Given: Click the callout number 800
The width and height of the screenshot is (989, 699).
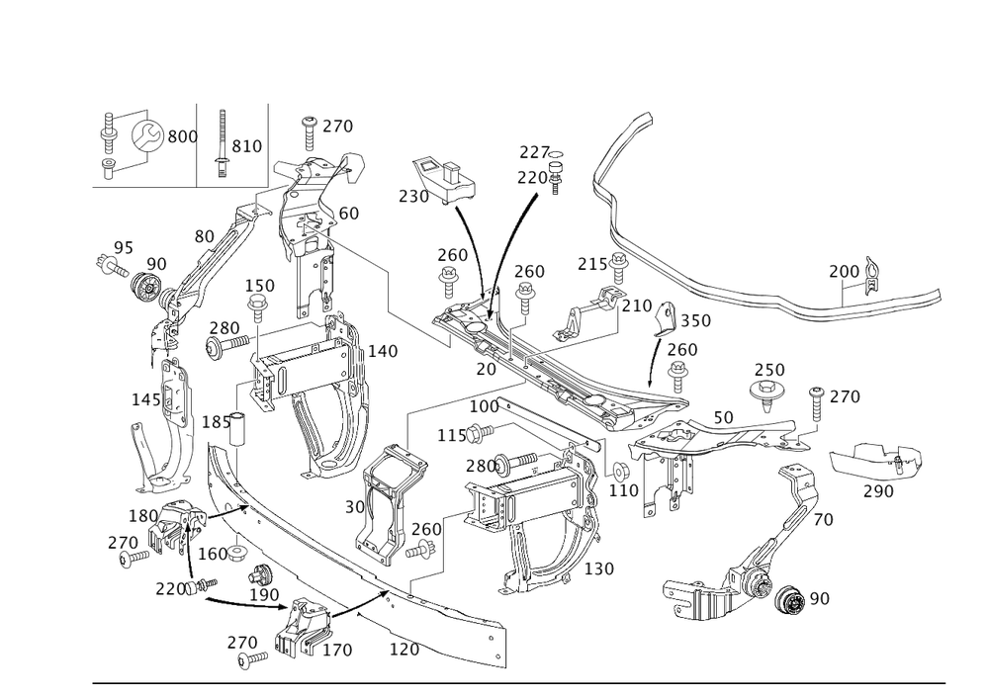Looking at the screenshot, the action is (x=181, y=136).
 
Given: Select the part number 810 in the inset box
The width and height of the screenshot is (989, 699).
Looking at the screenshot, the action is (x=245, y=146).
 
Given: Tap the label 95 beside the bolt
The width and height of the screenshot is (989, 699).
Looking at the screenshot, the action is (x=123, y=246).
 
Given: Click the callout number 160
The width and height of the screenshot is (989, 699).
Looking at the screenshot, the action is (x=216, y=553).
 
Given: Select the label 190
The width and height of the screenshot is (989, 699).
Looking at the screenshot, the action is (x=267, y=593).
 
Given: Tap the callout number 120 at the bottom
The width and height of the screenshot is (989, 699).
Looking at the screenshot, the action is (x=405, y=650).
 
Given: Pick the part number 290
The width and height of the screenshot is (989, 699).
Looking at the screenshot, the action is (x=876, y=491).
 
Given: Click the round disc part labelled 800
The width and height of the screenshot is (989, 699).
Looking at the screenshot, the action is (x=149, y=135).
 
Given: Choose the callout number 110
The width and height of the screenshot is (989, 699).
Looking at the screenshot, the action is (x=625, y=488).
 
